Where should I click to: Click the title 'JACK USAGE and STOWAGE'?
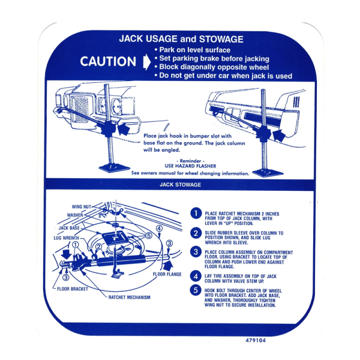(x=181, y=39)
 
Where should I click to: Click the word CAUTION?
(x=108, y=61)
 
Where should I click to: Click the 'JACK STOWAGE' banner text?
(x=180, y=185)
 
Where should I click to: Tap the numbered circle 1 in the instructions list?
(x=195, y=213)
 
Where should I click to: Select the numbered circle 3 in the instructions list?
(x=195, y=251)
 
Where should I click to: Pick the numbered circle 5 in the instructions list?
(x=195, y=290)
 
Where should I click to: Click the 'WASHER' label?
(x=75, y=215)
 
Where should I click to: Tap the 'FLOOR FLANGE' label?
(x=167, y=274)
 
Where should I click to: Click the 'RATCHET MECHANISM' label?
(x=129, y=297)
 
